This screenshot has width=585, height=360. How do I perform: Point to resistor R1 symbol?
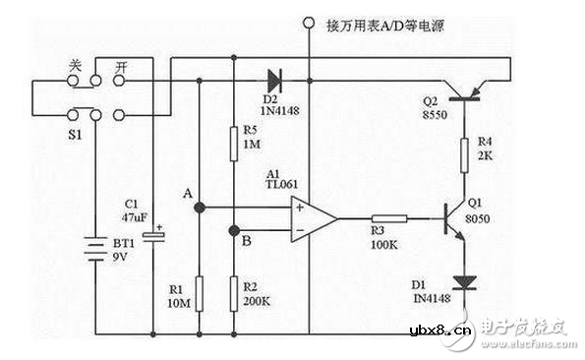tap(200, 292)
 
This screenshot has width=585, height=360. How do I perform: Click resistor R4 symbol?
tap(462, 154)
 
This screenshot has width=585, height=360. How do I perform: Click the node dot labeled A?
tap(200, 208)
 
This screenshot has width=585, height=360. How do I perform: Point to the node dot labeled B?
tap(234, 231)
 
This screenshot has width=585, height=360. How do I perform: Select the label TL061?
tap(281, 183)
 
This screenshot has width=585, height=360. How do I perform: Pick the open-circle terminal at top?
tap(309, 22)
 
